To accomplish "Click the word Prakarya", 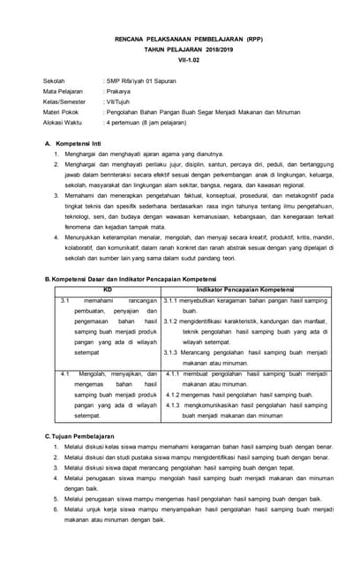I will coord(120,91).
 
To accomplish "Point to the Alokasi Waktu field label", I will coord(64,123).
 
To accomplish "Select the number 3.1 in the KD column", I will coord(64,301).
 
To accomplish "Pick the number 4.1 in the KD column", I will coord(64,374).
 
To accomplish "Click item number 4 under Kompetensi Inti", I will coord(55,237).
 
